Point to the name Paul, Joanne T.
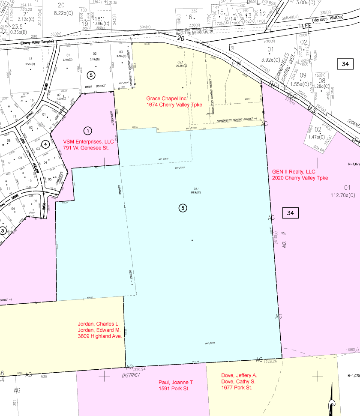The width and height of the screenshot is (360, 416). coord(176,382)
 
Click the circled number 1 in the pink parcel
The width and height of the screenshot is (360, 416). coord(87,130)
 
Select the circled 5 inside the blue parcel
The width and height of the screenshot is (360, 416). coord(183,208)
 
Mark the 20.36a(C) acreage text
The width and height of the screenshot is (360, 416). coord(183,66)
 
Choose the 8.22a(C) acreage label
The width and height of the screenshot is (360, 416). coord(60,13)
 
